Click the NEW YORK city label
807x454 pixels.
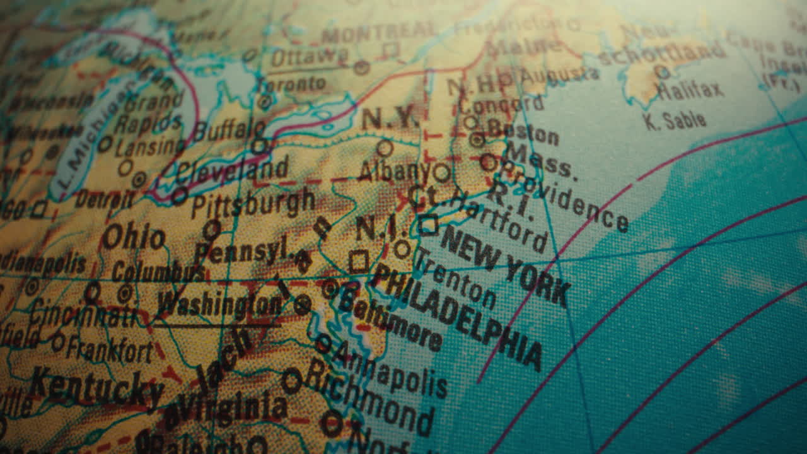[x=504, y=265]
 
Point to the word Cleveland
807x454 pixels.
[x=232, y=170]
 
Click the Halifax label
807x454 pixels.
[x=690, y=90]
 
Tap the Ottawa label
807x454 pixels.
[x=309, y=57]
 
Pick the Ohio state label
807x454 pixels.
[x=134, y=238]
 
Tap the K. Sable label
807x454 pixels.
[x=675, y=120]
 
